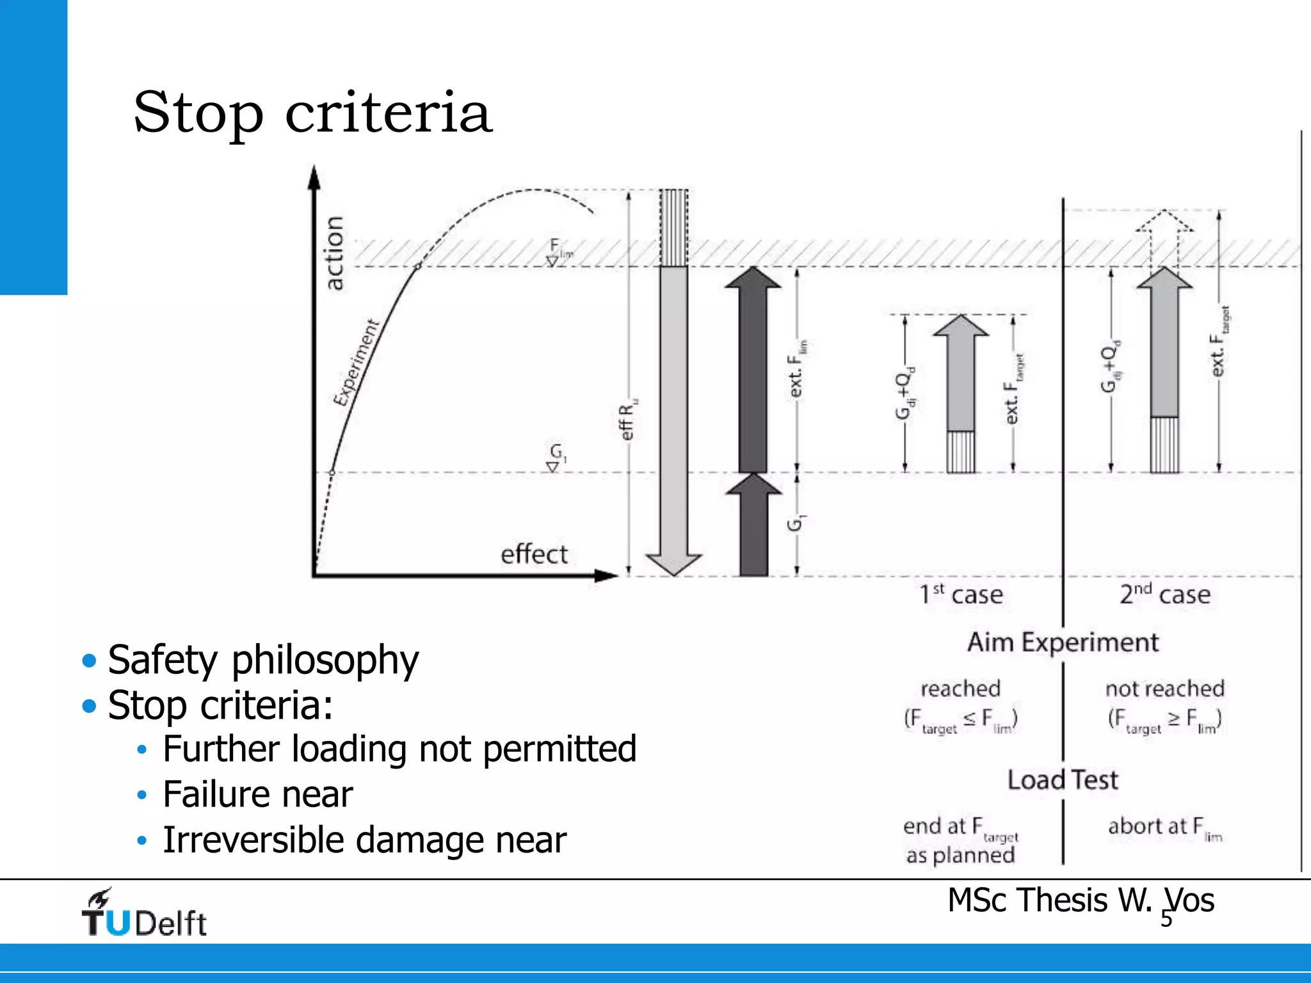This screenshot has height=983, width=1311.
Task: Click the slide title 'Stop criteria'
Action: tap(312, 113)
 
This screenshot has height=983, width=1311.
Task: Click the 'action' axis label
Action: tap(334, 253)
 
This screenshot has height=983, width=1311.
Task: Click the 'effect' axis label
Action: tap(534, 554)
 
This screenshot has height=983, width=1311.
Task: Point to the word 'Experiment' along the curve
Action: tap(357, 363)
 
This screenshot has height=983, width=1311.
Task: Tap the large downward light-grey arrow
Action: tap(674, 416)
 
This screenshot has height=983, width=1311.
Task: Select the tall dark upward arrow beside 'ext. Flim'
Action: tap(753, 371)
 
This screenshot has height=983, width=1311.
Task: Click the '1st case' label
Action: tap(961, 595)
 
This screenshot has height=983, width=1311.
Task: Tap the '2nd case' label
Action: tap(1165, 595)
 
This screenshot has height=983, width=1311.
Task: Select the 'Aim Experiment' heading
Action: tap(1063, 643)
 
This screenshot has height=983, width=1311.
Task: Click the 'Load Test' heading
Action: tap(1063, 780)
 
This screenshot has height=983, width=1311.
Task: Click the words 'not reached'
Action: tap(1165, 689)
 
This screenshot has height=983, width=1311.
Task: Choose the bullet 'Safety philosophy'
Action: tap(263, 660)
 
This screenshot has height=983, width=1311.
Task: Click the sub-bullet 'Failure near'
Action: tap(257, 794)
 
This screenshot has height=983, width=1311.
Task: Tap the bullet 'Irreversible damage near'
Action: tap(364, 840)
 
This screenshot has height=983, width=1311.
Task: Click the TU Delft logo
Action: tap(144, 914)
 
